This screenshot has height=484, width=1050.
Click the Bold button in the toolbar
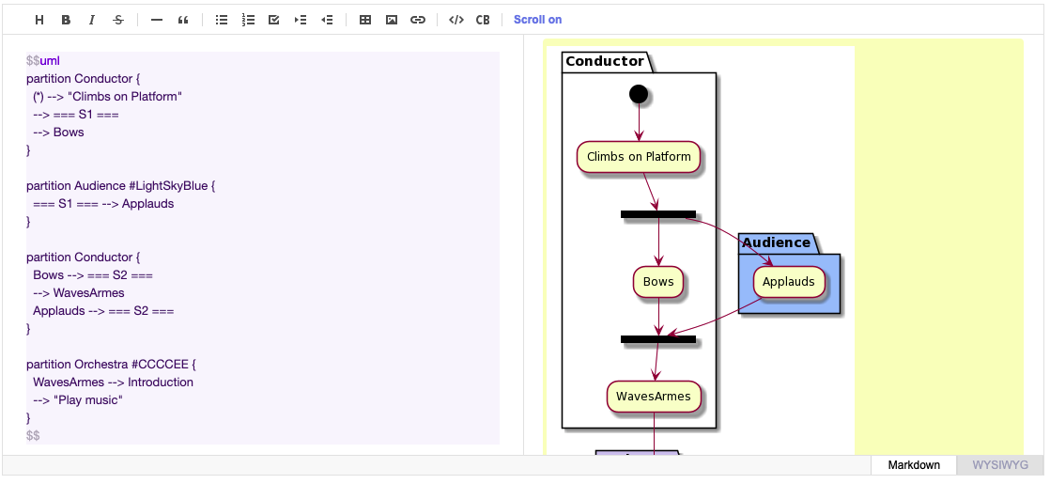[x=66, y=20]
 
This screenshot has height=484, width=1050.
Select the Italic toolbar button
[x=91, y=20]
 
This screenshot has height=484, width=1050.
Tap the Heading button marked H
[x=39, y=20]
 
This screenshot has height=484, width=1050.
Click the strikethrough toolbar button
[x=117, y=20]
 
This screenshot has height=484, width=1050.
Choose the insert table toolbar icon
[x=365, y=20]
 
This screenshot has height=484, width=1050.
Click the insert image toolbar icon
[x=392, y=20]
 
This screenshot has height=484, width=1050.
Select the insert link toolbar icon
[x=418, y=20]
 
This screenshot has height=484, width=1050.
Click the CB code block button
[x=483, y=20]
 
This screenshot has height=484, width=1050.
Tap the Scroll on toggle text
[x=537, y=20]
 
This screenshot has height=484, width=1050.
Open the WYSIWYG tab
[x=1000, y=465]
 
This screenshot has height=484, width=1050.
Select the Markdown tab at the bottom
[x=914, y=465]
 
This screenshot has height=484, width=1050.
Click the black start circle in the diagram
[x=639, y=93]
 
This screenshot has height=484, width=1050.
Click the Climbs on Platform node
[x=639, y=157]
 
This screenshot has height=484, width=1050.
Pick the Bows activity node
[x=658, y=282]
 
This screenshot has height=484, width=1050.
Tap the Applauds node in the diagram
[x=789, y=282]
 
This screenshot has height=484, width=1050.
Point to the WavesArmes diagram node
[x=653, y=397]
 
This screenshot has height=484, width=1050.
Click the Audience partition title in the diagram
[x=776, y=242]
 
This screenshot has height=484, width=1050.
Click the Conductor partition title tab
[x=605, y=61]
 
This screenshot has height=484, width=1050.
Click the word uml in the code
[x=50, y=61]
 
